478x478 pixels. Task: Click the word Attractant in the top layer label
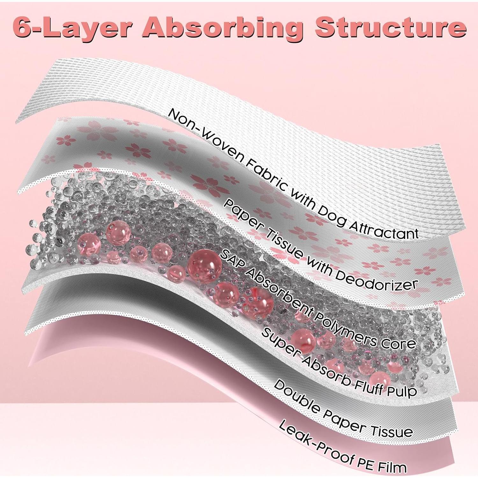(384, 228)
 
